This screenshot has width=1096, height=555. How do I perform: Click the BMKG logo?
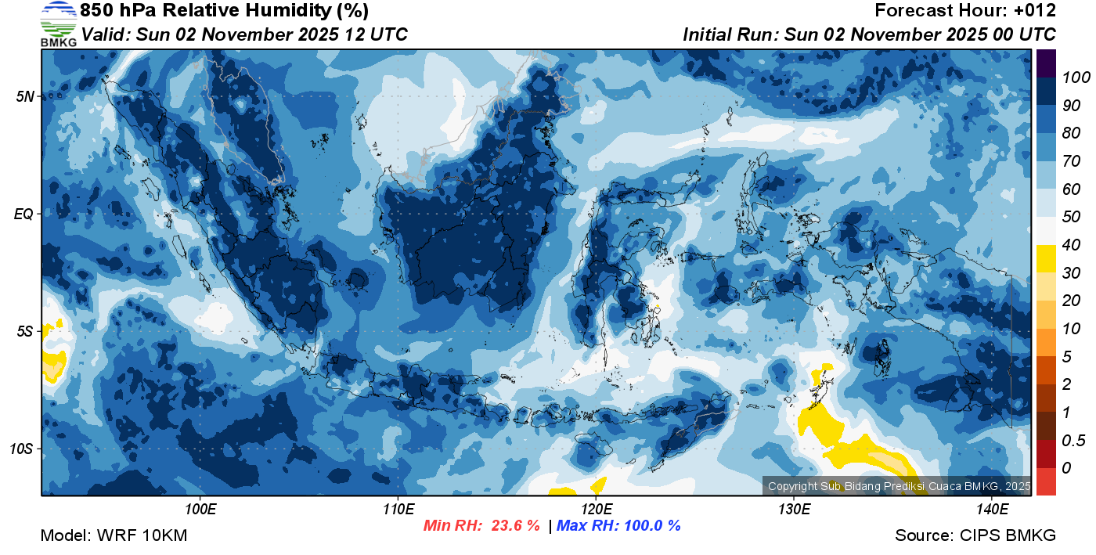pos(59,23)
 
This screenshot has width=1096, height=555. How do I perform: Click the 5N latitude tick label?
pos(26,96)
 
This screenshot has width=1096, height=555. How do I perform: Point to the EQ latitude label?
pos(26,214)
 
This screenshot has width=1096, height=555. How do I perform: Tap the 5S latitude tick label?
pos(26,331)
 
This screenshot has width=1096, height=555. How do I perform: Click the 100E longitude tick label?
pos(201,510)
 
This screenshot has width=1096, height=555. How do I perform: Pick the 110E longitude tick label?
pos(398,510)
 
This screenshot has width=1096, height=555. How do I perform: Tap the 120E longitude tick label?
pos(596,510)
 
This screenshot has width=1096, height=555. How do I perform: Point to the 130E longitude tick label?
pos(794,510)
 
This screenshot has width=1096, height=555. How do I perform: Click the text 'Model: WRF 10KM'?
pos(114,535)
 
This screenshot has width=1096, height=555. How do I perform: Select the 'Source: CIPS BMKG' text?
pos(975,535)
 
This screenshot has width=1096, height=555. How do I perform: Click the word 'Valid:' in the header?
pos(106,34)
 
